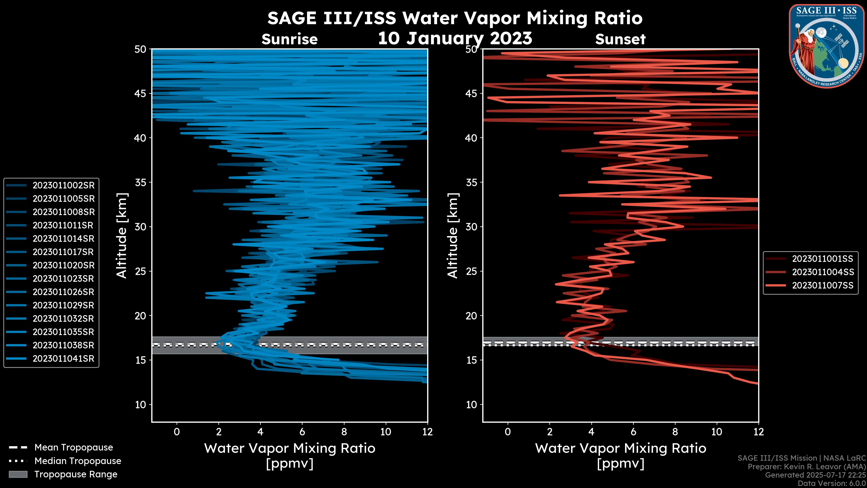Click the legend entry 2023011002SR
63,185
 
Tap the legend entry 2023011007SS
823,286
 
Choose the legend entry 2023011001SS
823,259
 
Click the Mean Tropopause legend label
74,447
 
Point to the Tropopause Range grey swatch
18,474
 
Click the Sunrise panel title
289,39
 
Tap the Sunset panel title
620,39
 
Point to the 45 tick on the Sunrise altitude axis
141,93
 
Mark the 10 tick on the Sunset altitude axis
471,404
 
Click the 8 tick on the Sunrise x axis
344,432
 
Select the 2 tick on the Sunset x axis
550,432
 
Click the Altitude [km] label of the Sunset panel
453,235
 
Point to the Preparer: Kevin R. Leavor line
807,467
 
